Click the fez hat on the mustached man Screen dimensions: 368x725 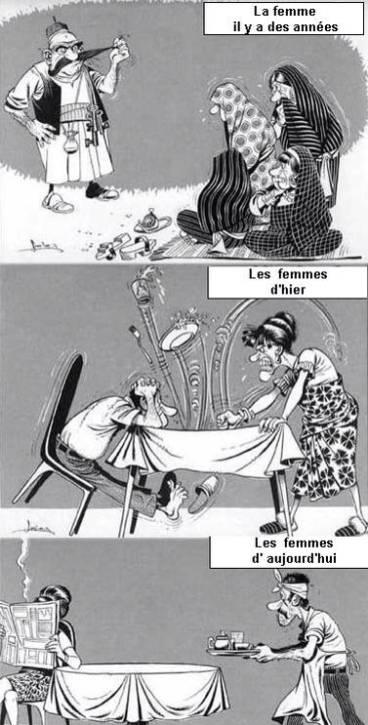[59, 28]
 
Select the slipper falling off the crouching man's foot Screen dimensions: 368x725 [203, 495]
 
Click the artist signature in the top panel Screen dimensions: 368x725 [40, 246]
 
